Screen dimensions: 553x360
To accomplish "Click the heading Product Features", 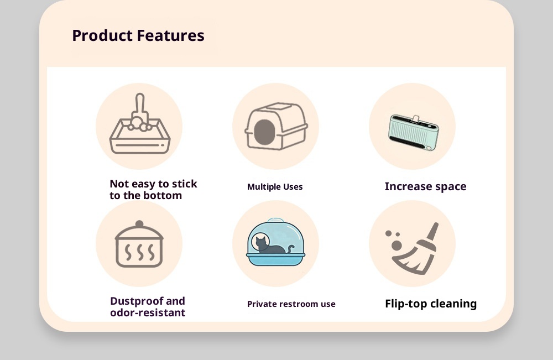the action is coord(138,35).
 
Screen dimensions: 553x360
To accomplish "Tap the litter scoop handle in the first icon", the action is coord(140,103).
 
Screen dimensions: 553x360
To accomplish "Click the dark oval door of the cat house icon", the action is coord(264,132).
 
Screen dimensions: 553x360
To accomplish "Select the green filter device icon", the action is coord(413,132).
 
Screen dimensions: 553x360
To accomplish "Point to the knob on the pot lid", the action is coord(139,225).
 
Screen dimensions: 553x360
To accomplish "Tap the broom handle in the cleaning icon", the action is coord(433,232).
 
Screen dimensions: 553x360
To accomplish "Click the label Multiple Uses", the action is coord(275,186).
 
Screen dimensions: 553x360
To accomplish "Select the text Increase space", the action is coord(425,186).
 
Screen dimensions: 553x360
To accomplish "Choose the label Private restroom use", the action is coord(291,304).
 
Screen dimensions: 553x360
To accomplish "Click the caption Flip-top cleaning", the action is coord(431,304).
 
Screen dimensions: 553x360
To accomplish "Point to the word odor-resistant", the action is coord(148,312).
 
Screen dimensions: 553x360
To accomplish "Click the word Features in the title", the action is coord(171,35).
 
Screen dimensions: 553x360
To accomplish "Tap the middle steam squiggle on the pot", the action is coord(140,252).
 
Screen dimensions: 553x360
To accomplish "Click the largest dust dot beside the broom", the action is coord(397,246).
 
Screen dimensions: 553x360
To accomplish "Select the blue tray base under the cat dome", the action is coord(276,259).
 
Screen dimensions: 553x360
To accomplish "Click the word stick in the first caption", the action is coord(185,184).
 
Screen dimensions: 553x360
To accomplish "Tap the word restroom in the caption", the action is coord(295,304).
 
